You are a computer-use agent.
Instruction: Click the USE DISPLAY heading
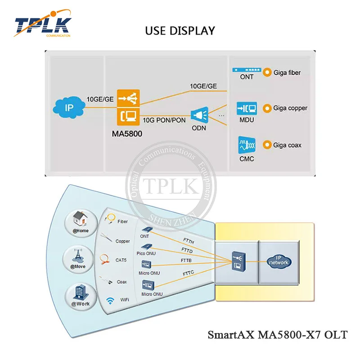pyautogui.click(x=180, y=31)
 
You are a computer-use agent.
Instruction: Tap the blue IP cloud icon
pyautogui.click(x=68, y=108)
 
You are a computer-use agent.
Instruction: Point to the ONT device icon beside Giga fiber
pyautogui.click(x=246, y=71)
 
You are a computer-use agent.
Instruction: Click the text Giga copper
pyautogui.click(x=291, y=108)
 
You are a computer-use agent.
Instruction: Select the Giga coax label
pyautogui.click(x=288, y=145)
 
